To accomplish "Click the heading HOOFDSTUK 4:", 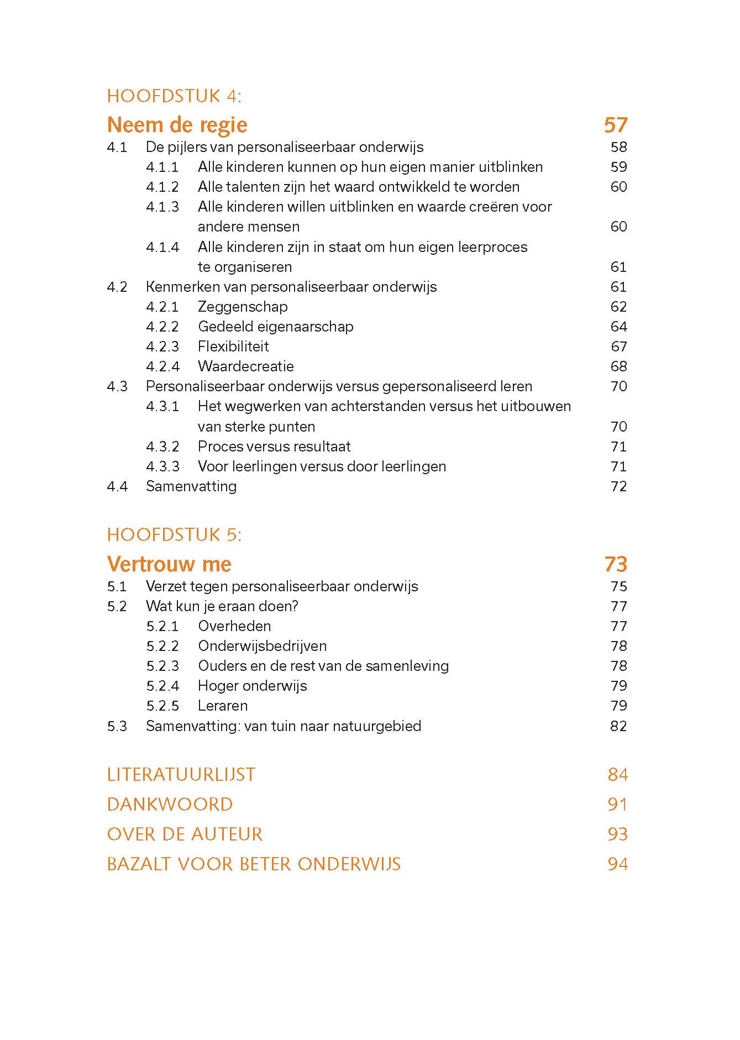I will [174, 96].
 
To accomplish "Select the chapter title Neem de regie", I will [177, 125].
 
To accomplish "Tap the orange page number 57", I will [616, 125].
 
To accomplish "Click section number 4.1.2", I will [162, 187].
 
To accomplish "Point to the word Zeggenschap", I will [243, 307].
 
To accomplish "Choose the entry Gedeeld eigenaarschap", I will [275, 327].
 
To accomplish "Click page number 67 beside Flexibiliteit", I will [618, 346].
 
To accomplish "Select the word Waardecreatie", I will [245, 366].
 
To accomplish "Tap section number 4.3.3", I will [162, 466].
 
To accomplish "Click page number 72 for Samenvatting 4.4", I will [618, 486].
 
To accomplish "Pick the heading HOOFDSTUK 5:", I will [174, 535].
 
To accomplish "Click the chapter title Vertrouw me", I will [169, 564].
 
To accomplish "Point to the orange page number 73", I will [616, 564].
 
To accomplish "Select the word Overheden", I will [234, 626].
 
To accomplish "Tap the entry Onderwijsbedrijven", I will [262, 646].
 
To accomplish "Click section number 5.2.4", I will [162, 686].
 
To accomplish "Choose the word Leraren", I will [223, 706].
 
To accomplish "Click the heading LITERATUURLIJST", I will [181, 775].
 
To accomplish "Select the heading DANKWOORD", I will [170, 805].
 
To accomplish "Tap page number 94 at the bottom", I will [617, 864].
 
